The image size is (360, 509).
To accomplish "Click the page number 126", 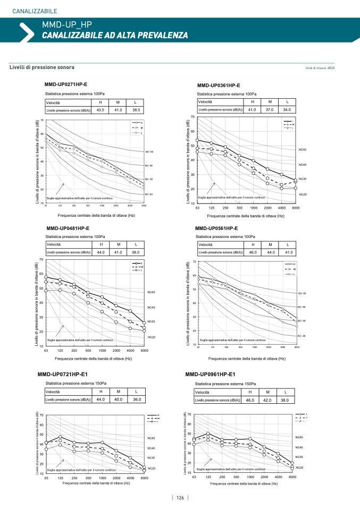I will (x=180, y=498).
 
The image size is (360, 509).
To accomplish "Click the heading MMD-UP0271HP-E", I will (x=66, y=84).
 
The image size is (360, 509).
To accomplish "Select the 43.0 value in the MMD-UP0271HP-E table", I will (x=100, y=110).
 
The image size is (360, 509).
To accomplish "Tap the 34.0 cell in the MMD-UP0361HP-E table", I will (x=287, y=109).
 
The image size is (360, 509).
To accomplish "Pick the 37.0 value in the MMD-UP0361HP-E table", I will (x=270, y=109).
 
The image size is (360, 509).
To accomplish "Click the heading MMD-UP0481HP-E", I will (x=68, y=228).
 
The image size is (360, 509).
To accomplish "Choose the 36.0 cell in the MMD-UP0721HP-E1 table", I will (x=137, y=399).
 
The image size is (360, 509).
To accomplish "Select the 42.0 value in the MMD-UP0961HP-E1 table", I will (x=268, y=400).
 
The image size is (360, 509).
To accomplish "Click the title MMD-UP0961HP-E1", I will (x=210, y=374).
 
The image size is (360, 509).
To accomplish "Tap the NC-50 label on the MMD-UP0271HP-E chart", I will (x=149, y=152).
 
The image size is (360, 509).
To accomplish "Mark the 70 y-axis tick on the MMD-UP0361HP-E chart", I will (x=192, y=117).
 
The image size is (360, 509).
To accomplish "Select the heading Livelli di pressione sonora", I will (x=42, y=67).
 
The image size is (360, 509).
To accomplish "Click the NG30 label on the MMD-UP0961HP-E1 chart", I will (x=299, y=457).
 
